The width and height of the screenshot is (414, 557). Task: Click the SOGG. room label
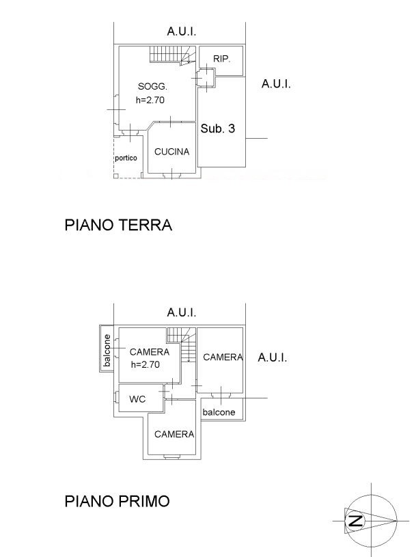[152, 86]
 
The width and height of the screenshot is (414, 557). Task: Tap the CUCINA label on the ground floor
[171, 152]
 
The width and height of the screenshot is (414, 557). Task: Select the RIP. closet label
[221, 59]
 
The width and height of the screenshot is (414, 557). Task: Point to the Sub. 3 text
[218, 128]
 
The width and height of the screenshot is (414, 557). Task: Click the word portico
[126, 158]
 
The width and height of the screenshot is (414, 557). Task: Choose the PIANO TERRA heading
[118, 225]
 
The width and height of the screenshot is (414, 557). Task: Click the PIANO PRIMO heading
[118, 501]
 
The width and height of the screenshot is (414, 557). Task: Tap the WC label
[137, 399]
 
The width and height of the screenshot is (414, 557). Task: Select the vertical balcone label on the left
[107, 351]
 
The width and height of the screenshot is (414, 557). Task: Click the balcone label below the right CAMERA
[219, 412]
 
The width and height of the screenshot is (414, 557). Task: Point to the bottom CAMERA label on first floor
[174, 434]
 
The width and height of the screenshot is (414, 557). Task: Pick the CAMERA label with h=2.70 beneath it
[149, 352]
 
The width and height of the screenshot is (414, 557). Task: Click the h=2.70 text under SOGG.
[150, 99]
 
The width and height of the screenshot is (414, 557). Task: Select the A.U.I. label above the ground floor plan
[182, 31]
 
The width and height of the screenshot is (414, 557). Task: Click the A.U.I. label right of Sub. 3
[276, 84]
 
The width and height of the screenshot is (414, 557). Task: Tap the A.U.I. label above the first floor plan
[182, 312]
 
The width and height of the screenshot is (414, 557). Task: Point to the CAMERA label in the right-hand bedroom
[223, 357]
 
